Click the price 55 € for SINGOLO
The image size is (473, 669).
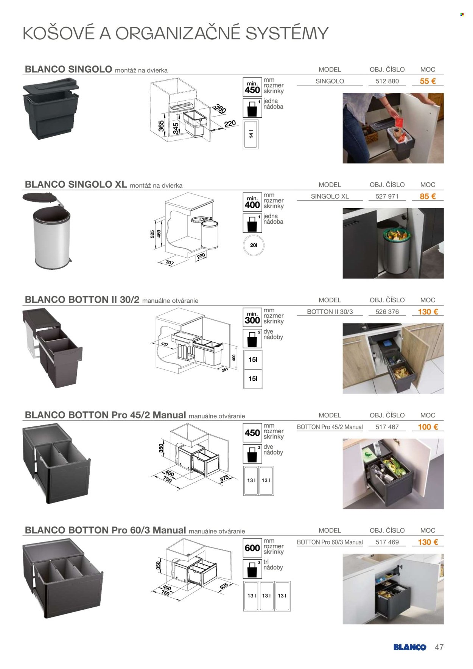pyautogui.click(x=428, y=81)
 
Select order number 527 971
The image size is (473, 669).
pyautogui.click(x=387, y=196)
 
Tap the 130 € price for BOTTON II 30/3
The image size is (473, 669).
pyautogui.click(x=428, y=312)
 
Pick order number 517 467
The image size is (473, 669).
pyautogui.click(x=387, y=427)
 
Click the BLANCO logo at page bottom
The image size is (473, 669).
pyautogui.click(x=410, y=647)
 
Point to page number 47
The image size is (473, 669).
pyautogui.click(x=439, y=647)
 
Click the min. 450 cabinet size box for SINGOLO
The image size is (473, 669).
pyautogui.click(x=252, y=87)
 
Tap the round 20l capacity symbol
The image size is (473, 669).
pyautogui.click(x=254, y=245)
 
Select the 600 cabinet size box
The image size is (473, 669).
pyautogui.click(x=252, y=548)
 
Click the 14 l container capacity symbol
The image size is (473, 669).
pyautogui.click(x=251, y=134)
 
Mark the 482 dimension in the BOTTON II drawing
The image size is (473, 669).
pyautogui.click(x=165, y=344)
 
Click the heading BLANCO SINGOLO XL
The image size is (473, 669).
pyautogui.click(x=76, y=184)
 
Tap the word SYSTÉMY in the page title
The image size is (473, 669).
pyautogui.click(x=287, y=33)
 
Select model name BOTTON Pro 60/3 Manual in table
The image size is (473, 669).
pyautogui.click(x=330, y=542)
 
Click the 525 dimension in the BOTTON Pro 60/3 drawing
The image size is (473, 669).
pyautogui.click(x=224, y=586)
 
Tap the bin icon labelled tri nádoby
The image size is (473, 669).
pyautogui.click(x=252, y=569)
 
